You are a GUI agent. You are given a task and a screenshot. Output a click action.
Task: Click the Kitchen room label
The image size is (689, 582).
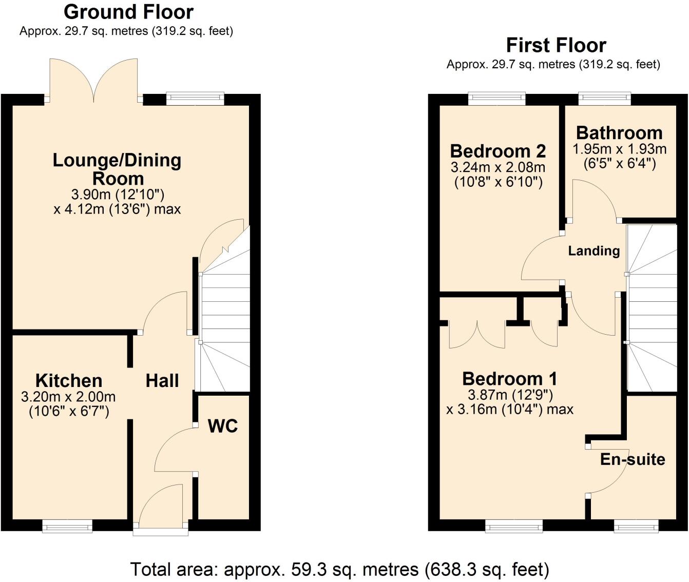(x=69, y=381)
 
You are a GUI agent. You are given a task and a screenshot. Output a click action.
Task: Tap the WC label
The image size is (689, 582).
(x=223, y=426)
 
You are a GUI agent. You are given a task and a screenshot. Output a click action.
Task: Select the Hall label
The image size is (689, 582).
(x=162, y=381)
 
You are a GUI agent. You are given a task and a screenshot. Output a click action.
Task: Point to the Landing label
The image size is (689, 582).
(x=594, y=251)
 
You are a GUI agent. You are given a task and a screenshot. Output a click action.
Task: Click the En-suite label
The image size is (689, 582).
(x=633, y=459)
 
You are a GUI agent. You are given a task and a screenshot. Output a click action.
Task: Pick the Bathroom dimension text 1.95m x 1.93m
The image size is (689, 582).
(x=619, y=149)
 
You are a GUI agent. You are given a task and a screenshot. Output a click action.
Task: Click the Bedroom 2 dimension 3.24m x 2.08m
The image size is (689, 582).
(x=498, y=167)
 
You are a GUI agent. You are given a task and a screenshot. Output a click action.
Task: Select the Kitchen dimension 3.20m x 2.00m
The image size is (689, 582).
(x=68, y=397)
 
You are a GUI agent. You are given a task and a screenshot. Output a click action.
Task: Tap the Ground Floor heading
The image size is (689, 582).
(x=128, y=11)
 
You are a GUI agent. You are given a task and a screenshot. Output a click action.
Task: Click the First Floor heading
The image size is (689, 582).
(x=556, y=45)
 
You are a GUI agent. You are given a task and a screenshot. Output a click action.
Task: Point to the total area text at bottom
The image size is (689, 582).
(x=339, y=569)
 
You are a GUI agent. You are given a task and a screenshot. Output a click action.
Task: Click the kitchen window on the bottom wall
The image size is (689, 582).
(x=67, y=526)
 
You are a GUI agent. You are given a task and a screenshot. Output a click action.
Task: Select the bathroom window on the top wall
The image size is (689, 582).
(x=604, y=99)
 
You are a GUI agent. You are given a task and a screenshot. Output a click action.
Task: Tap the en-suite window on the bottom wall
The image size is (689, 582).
(x=636, y=526)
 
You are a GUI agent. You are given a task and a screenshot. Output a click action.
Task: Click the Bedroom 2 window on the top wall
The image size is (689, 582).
(x=496, y=99)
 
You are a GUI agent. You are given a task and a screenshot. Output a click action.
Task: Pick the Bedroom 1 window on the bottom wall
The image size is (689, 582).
(x=514, y=526)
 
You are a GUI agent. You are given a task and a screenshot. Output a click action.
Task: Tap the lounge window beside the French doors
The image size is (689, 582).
(x=196, y=99)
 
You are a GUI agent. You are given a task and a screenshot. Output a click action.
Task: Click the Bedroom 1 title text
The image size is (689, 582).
(x=509, y=379)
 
